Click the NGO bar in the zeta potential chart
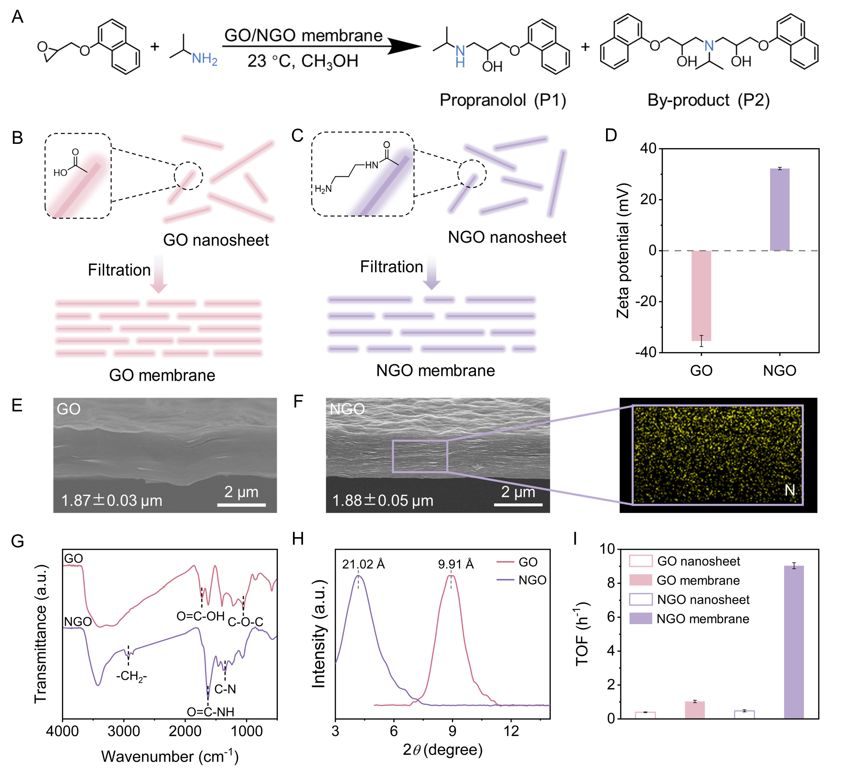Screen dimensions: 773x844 point(780,209)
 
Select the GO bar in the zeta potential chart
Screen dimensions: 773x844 point(701,296)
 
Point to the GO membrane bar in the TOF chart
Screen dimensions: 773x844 point(694,710)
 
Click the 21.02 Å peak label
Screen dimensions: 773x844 point(363,564)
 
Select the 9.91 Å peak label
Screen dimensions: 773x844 point(455,564)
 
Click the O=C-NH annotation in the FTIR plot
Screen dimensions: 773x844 point(210,712)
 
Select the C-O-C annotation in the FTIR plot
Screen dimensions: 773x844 point(246,622)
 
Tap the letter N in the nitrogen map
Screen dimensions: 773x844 point(790,490)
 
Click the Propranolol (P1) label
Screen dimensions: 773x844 point(503,100)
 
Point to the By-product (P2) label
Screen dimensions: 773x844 point(708,100)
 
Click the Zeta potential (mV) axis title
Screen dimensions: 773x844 point(623,250)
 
